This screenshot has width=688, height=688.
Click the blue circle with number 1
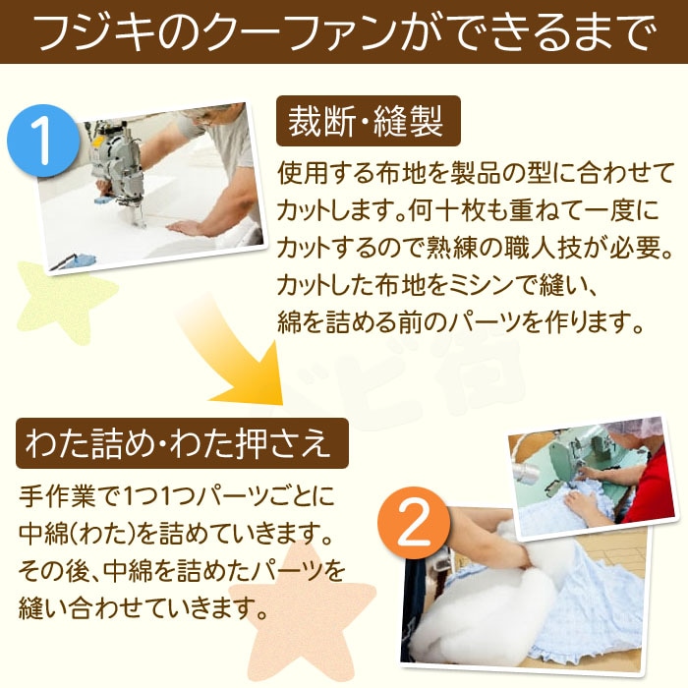coord(43,141)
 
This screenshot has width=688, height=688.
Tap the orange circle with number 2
coord(414,523)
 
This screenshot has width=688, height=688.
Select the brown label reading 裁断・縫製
coord(369,121)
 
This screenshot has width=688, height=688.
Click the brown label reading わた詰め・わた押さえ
coord(182,443)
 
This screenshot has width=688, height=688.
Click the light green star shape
coord(66,302)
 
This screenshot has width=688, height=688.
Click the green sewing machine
coord(570,465)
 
